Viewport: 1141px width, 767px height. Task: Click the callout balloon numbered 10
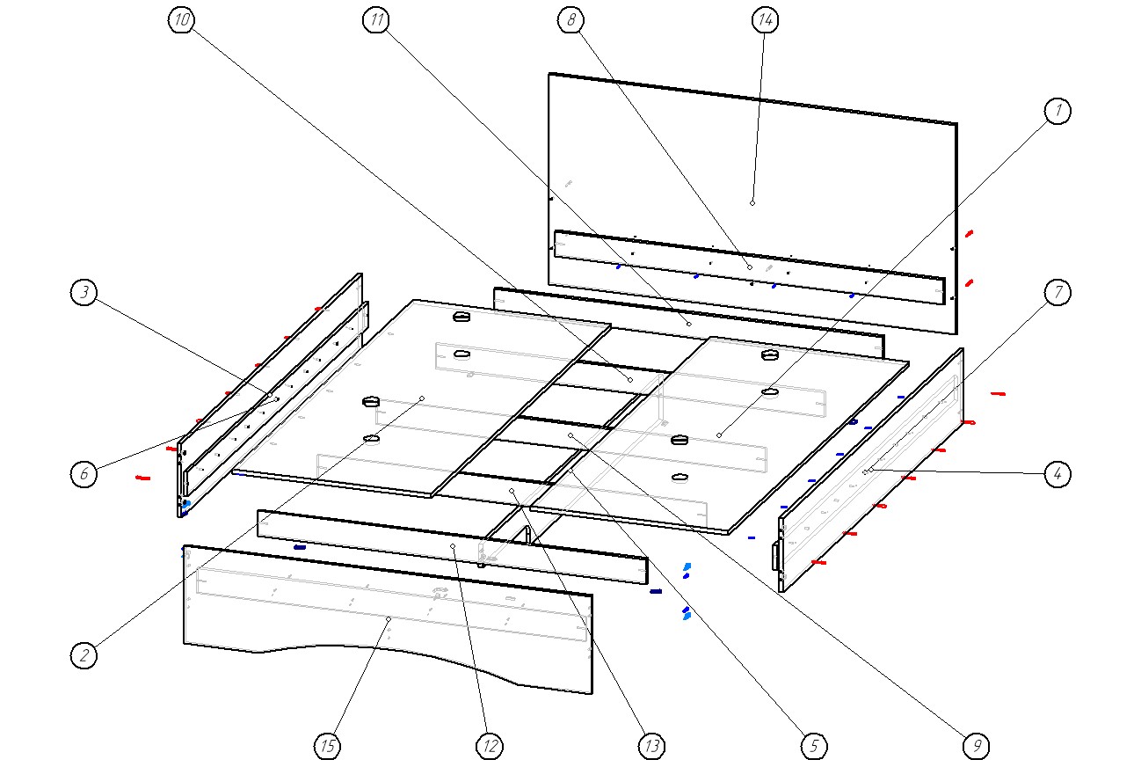(181, 21)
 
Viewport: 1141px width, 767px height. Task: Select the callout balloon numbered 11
(376, 21)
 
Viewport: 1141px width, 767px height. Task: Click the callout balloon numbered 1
(1058, 111)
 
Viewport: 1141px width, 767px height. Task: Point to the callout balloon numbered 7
(1058, 292)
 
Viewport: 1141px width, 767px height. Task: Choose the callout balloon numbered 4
(1058, 474)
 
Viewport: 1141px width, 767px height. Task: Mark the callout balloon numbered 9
(976, 746)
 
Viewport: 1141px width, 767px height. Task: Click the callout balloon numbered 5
(814, 746)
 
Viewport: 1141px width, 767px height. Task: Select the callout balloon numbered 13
(651, 746)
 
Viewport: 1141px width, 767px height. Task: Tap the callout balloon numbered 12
(489, 746)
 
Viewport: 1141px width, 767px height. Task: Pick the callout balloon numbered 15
(327, 746)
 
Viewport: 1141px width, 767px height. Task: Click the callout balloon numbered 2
(84, 654)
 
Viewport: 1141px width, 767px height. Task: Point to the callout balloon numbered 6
(84, 474)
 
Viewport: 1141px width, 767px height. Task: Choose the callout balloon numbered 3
(84, 293)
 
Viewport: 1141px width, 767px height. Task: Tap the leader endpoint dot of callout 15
(388, 619)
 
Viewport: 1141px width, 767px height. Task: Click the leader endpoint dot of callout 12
(453, 546)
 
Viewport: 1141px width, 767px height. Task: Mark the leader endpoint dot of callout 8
(750, 267)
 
